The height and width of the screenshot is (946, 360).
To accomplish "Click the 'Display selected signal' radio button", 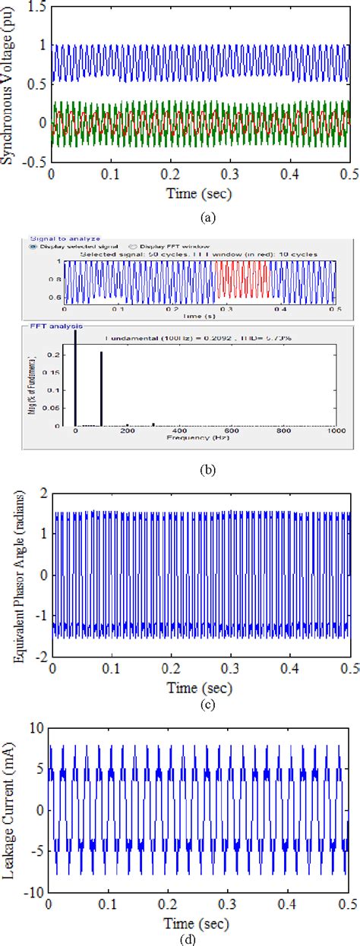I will click(x=33, y=246).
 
